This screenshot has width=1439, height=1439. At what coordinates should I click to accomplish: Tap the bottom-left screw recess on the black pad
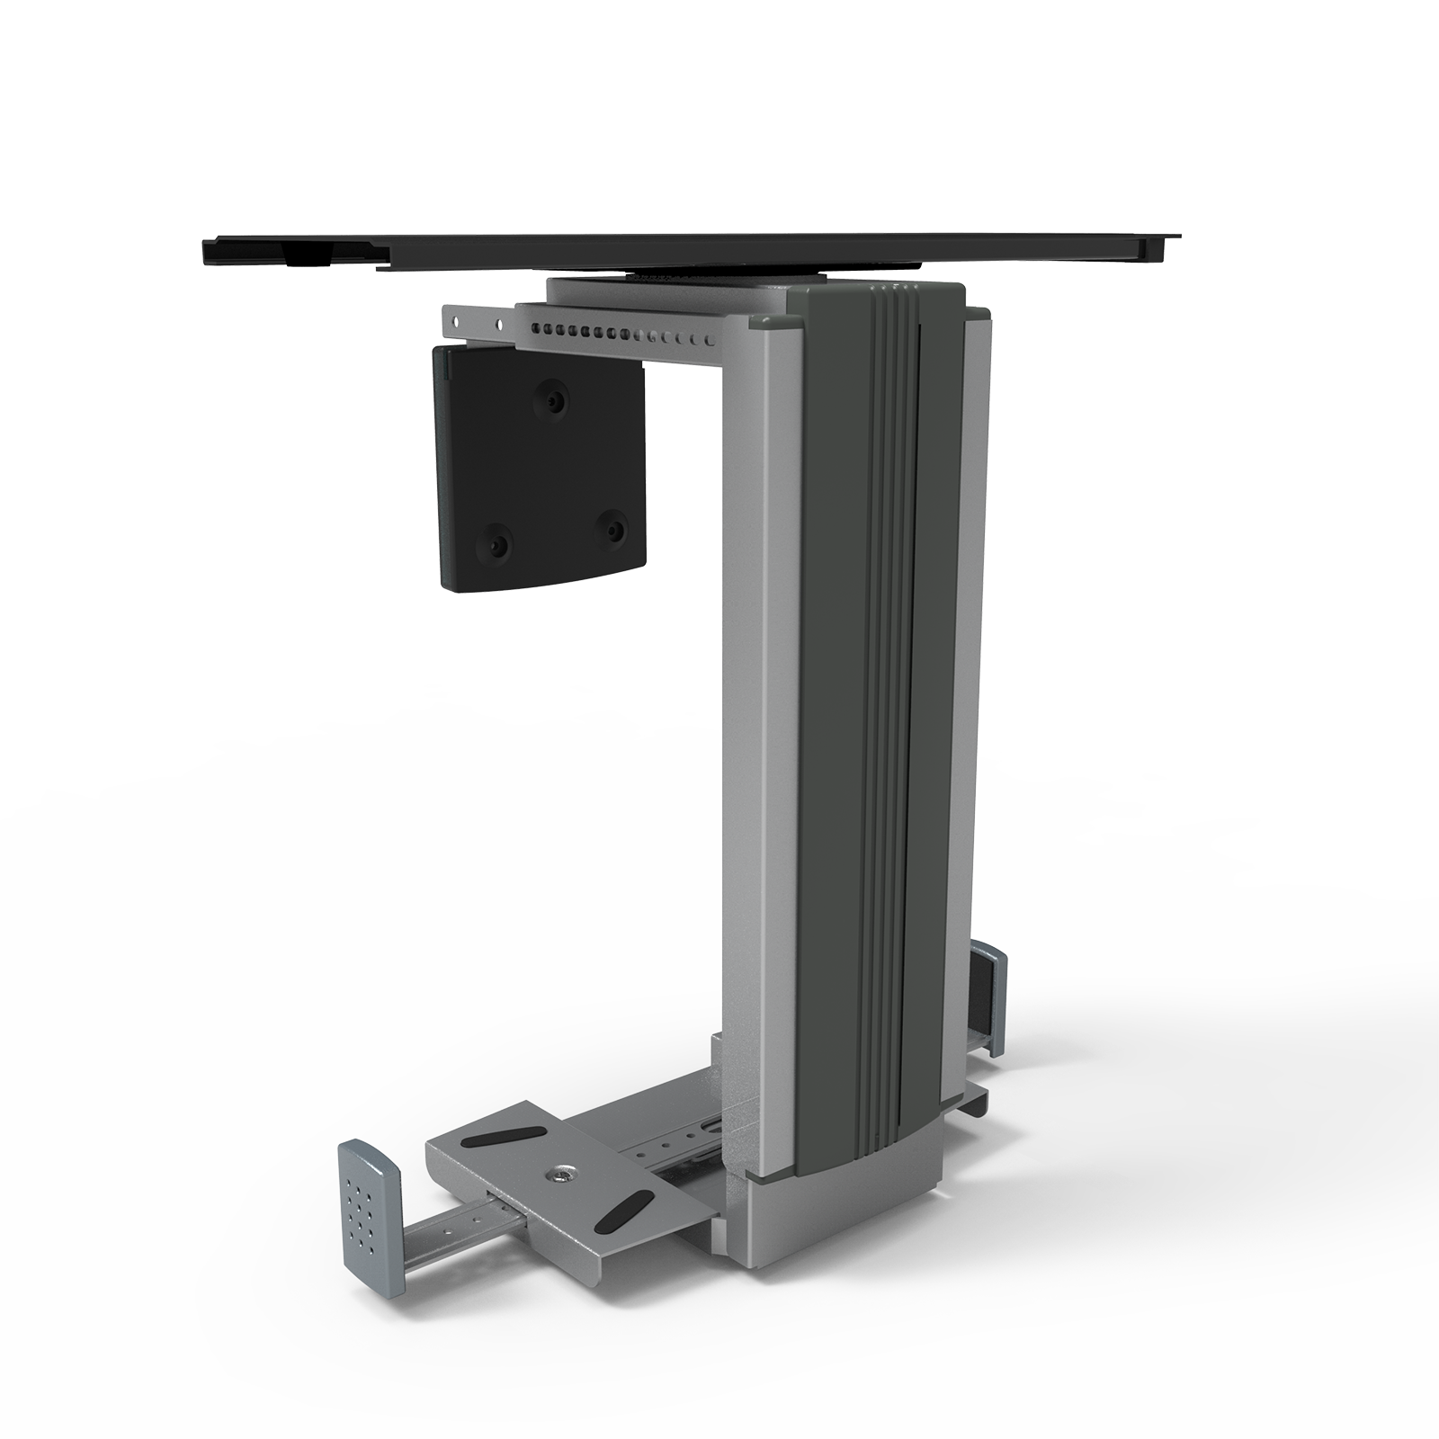[496, 542]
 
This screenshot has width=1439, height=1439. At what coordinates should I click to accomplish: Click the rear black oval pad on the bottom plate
[497, 1138]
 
